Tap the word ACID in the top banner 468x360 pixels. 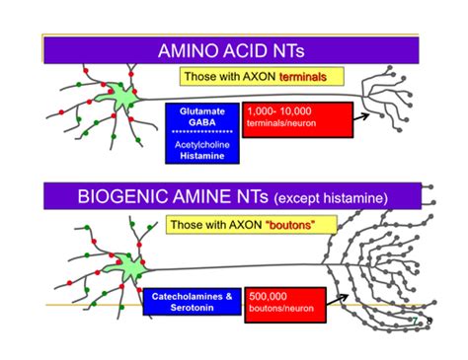click(x=247, y=50)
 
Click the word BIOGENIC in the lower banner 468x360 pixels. click(x=123, y=197)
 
